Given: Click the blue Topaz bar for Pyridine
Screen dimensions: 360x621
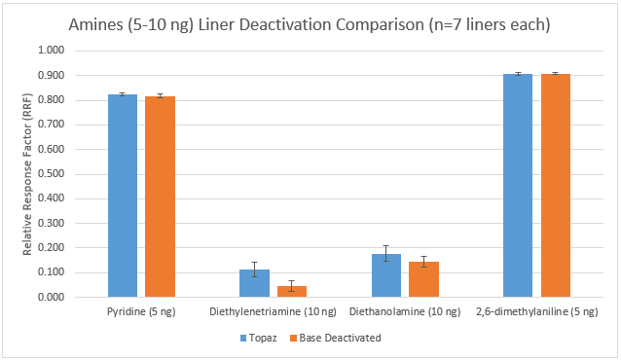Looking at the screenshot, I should tap(122, 196).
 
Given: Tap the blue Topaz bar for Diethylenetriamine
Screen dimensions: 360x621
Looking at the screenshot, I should tap(254, 283).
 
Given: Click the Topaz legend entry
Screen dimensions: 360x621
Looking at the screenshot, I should tap(258, 338).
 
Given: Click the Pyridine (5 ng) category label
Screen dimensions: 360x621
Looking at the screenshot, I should tap(140, 312).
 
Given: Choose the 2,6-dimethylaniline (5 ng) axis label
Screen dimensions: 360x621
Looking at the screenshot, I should tap(536, 312).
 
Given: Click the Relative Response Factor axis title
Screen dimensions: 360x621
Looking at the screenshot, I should tap(28, 173).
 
